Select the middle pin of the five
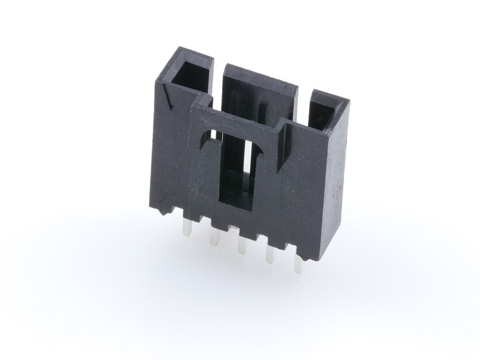pyautogui.click(x=242, y=245)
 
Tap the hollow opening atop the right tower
pyautogui.click(x=325, y=112)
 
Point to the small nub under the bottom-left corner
pyautogui.click(x=162, y=213)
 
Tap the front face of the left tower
pyautogui.click(x=171, y=155)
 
